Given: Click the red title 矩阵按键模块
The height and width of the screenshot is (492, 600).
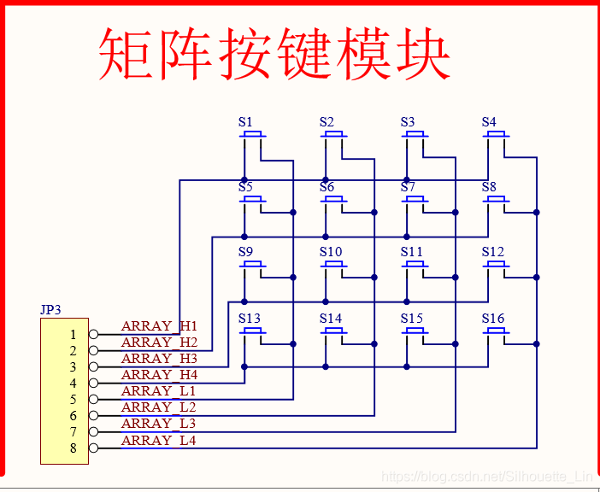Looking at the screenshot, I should [x=274, y=53].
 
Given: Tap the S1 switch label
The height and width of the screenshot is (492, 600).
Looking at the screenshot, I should [x=245, y=122].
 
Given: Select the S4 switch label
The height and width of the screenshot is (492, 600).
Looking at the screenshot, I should [x=489, y=122].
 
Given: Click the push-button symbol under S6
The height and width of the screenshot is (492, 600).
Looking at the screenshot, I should [x=333, y=201].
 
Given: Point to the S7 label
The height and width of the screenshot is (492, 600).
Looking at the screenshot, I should [x=408, y=187].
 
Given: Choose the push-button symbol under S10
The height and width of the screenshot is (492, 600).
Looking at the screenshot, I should [x=333, y=266].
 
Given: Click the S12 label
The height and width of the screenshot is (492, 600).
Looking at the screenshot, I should [x=493, y=252].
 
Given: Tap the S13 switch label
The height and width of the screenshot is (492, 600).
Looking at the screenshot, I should [x=250, y=319].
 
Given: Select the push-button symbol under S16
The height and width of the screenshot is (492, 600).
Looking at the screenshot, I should [x=496, y=331].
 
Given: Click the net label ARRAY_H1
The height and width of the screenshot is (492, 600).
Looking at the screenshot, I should [x=159, y=326].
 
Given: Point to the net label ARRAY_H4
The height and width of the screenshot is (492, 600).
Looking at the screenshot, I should [x=159, y=375].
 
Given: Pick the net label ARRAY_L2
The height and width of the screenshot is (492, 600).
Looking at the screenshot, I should [x=159, y=407].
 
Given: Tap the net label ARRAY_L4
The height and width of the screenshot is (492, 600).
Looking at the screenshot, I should [x=159, y=441].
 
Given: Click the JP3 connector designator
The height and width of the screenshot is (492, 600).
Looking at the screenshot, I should [x=50, y=309].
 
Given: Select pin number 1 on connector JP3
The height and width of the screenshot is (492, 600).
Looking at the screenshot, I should [x=74, y=335].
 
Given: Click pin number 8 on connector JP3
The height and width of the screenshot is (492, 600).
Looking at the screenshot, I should [x=74, y=448].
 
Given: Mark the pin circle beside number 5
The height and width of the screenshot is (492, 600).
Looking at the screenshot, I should [x=93, y=400].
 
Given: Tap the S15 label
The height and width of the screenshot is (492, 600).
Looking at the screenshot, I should [x=412, y=319].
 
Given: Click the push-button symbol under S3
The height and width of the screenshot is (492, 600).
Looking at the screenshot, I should [x=415, y=136].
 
